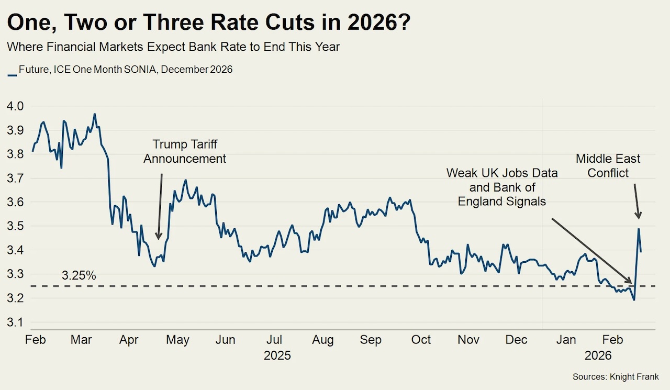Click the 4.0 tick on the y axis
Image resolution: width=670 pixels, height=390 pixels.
point(15,106)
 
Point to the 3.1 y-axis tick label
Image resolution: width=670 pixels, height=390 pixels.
point(15,322)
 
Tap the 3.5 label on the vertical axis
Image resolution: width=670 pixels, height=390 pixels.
point(15,227)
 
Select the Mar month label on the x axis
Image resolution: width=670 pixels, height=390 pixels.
point(81,340)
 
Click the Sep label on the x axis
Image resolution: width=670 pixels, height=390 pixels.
point(371,340)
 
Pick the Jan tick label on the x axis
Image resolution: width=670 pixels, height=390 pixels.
point(566,340)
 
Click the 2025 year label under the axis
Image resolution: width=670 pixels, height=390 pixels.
point(277,356)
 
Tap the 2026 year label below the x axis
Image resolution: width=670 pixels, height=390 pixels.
point(598,356)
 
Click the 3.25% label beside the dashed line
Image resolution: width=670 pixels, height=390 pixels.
point(79,275)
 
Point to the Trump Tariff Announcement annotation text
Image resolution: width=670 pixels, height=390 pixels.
point(185,151)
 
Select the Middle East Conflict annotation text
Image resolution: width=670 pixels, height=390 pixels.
point(608,165)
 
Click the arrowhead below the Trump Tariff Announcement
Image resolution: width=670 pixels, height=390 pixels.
point(159,236)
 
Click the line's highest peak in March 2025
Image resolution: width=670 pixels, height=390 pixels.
point(95,114)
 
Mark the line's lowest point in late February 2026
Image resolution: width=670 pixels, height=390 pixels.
point(634,300)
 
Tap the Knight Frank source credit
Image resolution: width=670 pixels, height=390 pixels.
point(616,376)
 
